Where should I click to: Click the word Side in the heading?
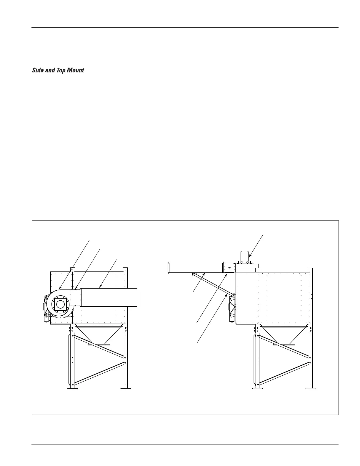point(37,71)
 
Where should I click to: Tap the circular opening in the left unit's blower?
point(60,304)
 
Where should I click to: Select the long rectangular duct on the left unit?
point(109,297)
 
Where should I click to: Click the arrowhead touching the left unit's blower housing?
point(60,287)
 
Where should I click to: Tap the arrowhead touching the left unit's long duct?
point(101,287)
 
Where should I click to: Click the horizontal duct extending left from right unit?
point(194,268)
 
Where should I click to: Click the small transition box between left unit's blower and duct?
point(75,297)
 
